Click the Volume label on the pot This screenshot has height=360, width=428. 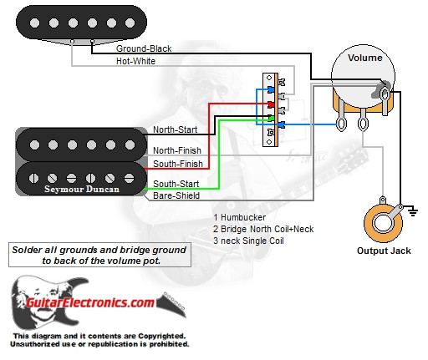coord(365,58)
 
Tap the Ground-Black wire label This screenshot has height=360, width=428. coord(144,49)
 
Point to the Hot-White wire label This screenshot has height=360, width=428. coord(137,61)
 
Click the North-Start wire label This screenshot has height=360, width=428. coord(175,130)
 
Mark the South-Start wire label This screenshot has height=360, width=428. coord(175,183)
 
